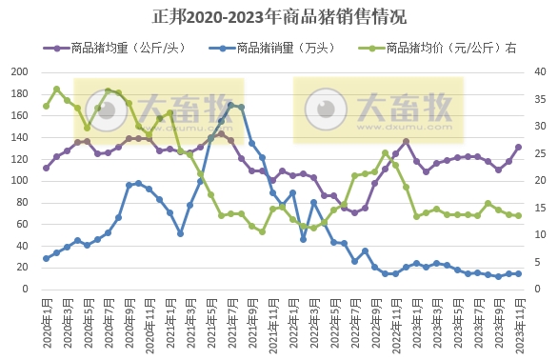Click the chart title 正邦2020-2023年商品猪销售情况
click(279, 16)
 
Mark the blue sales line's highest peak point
click(230, 106)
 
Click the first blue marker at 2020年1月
click(46, 258)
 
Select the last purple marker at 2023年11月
click(518, 147)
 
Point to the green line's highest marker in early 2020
click(56, 90)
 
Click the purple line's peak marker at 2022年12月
click(406, 141)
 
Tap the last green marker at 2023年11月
click(518, 215)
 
